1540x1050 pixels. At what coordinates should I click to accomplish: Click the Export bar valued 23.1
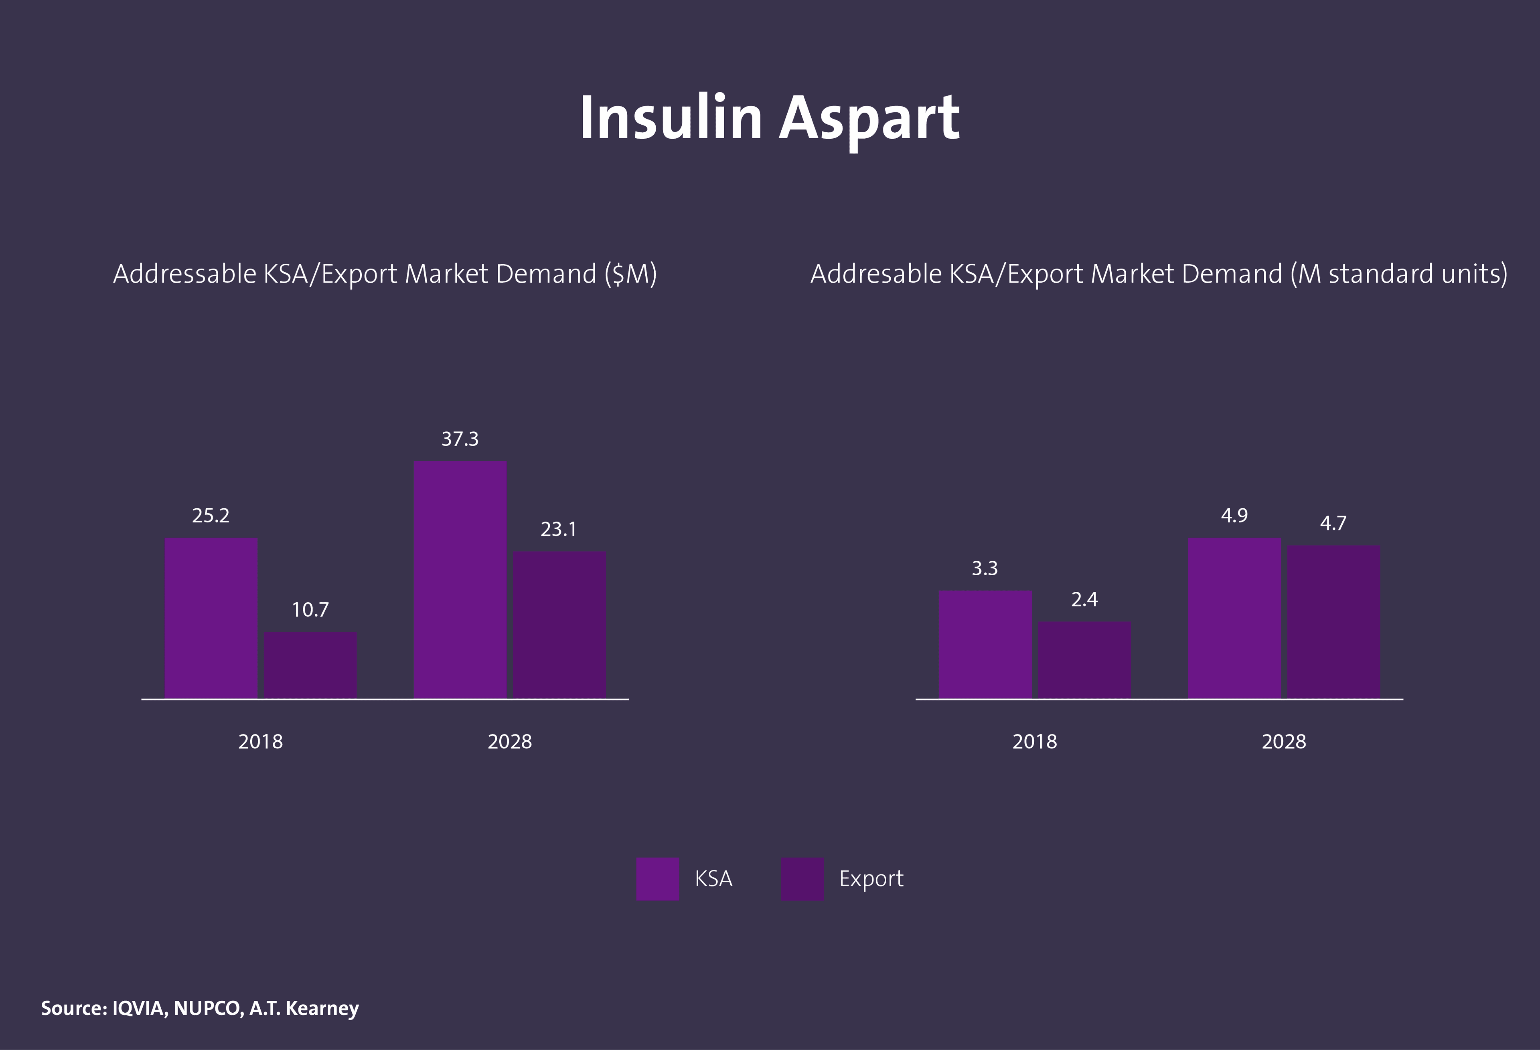coord(559,625)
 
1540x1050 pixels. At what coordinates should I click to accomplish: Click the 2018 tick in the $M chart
coord(260,741)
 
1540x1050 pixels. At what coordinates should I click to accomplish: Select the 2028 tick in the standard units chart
coord(1284,741)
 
